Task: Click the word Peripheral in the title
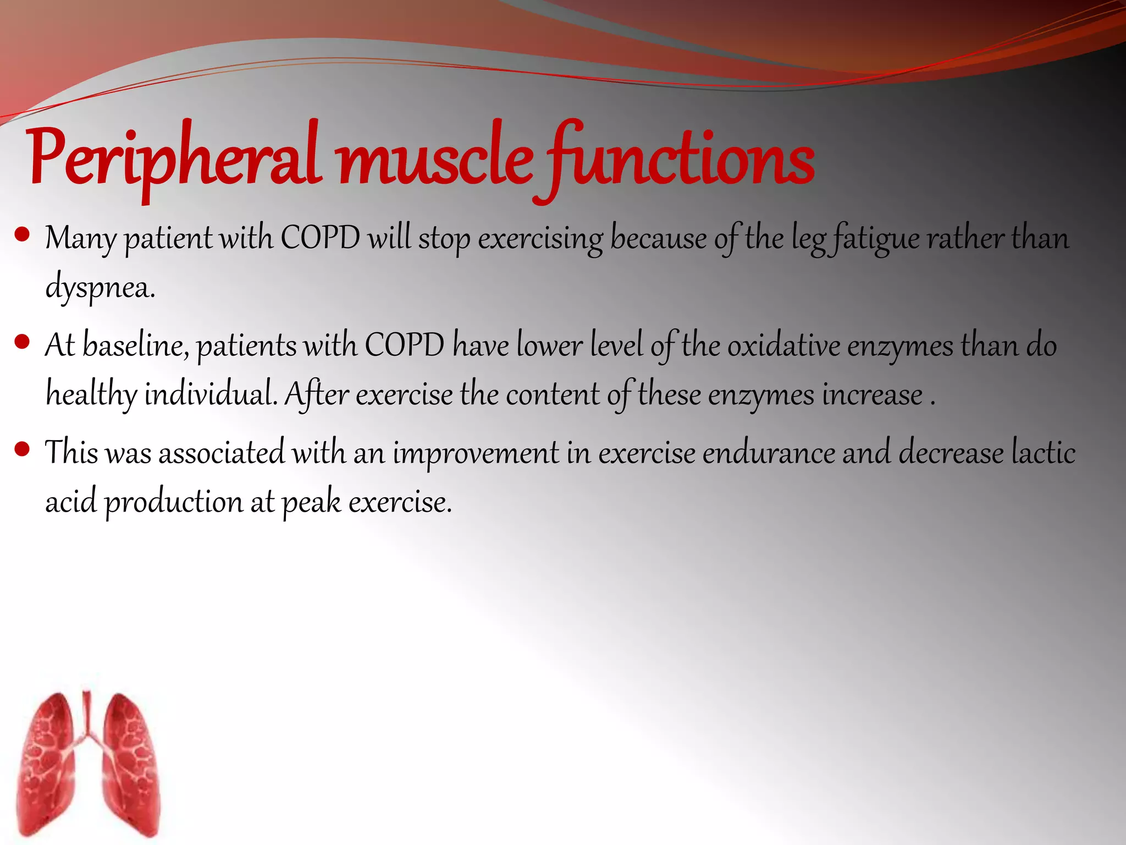[173, 160]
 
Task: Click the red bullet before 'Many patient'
[23, 235]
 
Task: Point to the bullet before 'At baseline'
[23, 343]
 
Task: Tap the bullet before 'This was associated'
[23, 450]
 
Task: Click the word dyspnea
[100, 287]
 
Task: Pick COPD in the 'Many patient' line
[320, 238]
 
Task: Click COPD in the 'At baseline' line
[404, 345]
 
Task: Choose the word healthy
[91, 395]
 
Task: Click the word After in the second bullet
[316, 394]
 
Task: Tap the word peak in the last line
[311, 502]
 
